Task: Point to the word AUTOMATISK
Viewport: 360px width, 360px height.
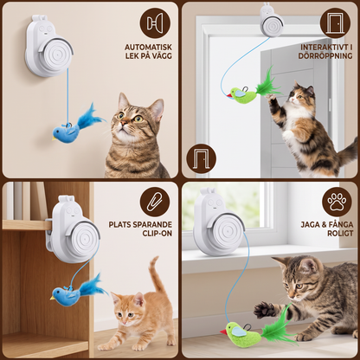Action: coord(148,47)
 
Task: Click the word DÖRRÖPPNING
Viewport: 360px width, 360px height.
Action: coord(325,55)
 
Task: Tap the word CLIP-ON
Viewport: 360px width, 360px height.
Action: coord(157,233)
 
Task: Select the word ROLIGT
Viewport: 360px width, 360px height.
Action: coord(340,233)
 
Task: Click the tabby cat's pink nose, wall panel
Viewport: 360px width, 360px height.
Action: coord(123,123)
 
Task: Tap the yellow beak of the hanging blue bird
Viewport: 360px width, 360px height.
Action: coord(54,138)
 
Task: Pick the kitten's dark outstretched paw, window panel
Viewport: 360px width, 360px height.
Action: coord(264,310)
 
